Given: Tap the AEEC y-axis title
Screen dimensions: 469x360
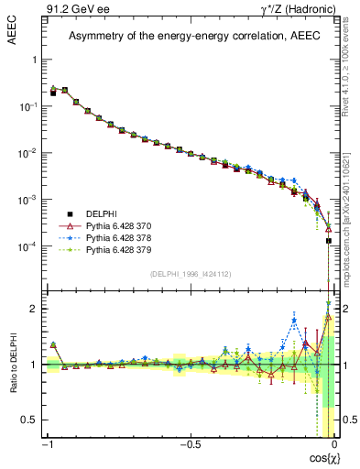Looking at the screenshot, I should [13, 29].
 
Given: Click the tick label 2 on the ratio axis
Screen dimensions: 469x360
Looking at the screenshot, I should [36, 309].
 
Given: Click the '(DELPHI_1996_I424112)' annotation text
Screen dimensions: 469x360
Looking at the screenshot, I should [191, 274].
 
